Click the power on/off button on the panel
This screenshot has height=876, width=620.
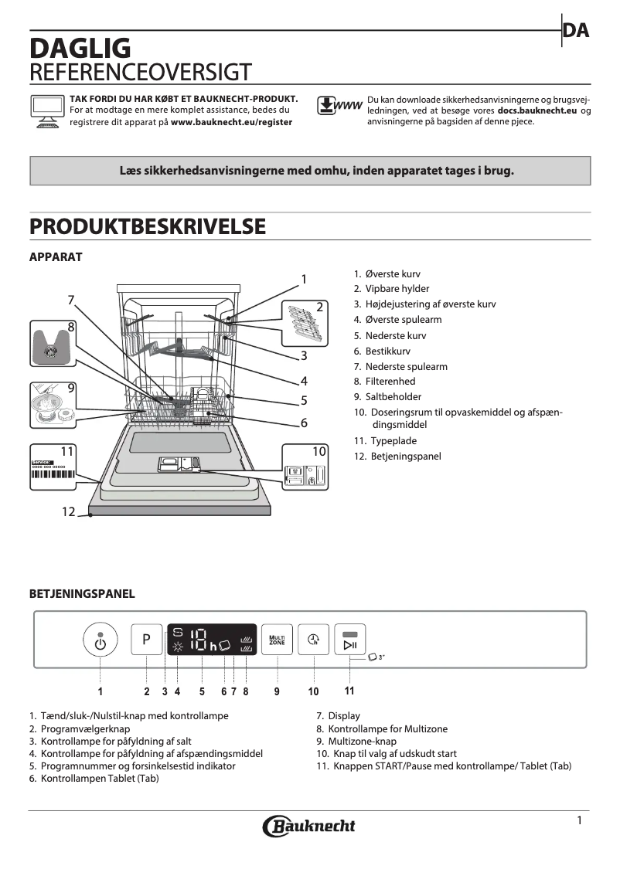tap(100, 640)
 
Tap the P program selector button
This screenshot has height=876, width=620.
tap(146, 640)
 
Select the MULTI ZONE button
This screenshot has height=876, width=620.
tap(276, 640)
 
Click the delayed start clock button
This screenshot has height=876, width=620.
tap(313, 640)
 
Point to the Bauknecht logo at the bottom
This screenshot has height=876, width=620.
tap(309, 826)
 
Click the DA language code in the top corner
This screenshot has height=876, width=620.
tap(576, 31)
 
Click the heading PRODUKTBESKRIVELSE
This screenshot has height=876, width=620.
tap(147, 226)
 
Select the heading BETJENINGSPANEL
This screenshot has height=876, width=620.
tap(82, 594)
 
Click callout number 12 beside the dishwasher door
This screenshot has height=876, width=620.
tap(69, 511)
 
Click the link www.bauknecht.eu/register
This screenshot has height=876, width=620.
tap(231, 122)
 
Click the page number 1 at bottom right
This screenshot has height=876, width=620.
tap(579, 820)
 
